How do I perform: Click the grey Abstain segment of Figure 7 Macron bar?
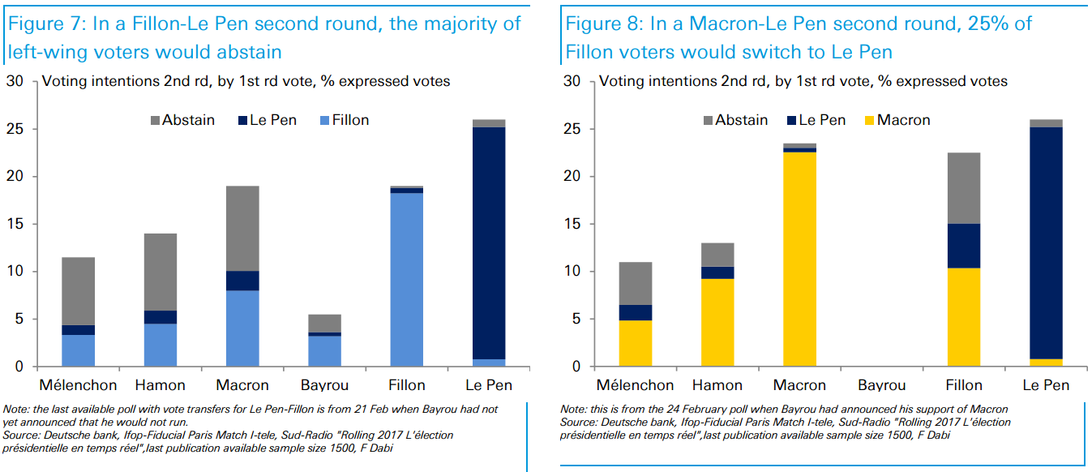click(x=242, y=228)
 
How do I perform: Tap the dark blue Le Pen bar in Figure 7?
click(x=489, y=242)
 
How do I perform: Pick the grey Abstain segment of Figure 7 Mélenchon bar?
click(x=79, y=291)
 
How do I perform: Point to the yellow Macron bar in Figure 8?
click(x=799, y=259)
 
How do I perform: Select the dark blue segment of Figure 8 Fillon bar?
click(x=964, y=246)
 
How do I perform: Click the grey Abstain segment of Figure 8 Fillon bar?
click(x=964, y=188)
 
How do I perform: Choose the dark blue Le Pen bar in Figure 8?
click(x=1046, y=242)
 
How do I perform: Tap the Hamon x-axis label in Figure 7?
click(x=161, y=385)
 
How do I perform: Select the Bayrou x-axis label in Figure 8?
click(x=881, y=385)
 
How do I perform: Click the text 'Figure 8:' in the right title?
click(x=602, y=24)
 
